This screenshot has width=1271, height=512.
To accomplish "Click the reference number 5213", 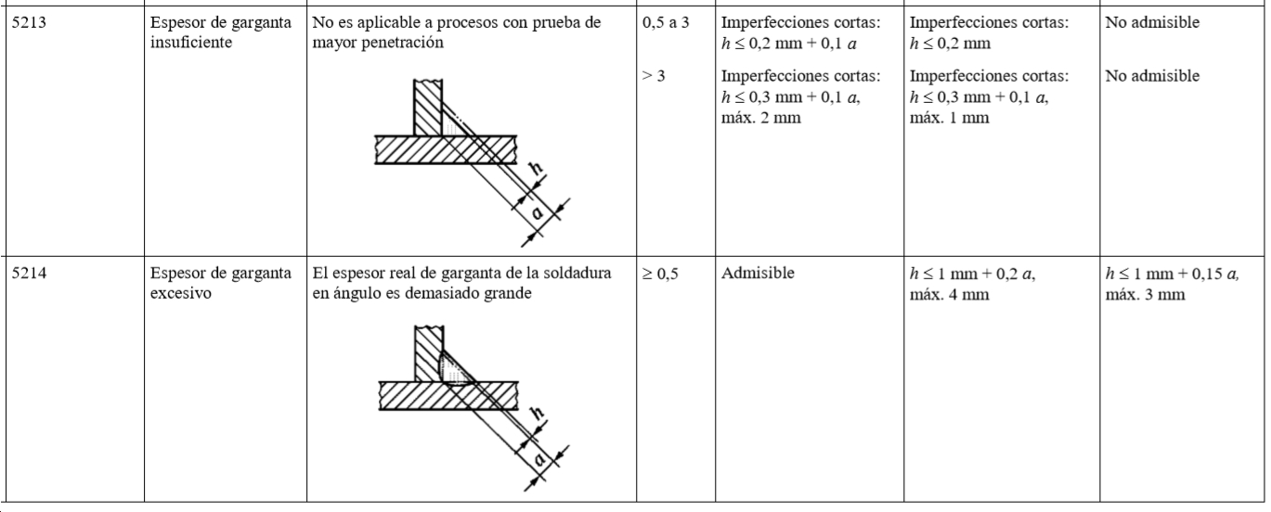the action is [29, 22].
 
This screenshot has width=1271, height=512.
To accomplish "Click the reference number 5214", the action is [29, 274].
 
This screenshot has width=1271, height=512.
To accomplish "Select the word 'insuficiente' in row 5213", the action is [191, 43].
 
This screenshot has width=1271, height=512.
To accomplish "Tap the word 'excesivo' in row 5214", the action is [181, 293].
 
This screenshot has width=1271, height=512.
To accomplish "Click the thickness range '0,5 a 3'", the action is [666, 22].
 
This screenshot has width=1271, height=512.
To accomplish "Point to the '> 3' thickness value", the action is [653, 76].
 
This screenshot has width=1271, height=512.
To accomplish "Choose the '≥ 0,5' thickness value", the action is [660, 274].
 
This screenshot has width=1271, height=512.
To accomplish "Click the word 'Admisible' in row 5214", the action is [758, 274].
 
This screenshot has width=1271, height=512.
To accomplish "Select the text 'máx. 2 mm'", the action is [761, 118].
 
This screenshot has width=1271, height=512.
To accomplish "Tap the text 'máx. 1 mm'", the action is [949, 118].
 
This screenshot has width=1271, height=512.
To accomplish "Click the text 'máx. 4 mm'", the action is [949, 295].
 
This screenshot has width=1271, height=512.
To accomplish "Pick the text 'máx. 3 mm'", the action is [1145, 295].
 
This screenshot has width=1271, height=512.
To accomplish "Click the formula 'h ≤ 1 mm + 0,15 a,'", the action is [1173, 274].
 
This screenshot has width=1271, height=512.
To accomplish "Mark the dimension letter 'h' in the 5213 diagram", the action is [536, 168].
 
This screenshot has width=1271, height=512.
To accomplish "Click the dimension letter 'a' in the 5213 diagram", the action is [537, 213].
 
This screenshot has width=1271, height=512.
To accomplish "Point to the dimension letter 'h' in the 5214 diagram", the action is [537, 413].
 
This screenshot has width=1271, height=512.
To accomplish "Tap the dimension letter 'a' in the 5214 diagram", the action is [539, 458].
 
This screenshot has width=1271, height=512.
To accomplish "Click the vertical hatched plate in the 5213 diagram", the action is [428, 108].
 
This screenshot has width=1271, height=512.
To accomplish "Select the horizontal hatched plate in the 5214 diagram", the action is [448, 396].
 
